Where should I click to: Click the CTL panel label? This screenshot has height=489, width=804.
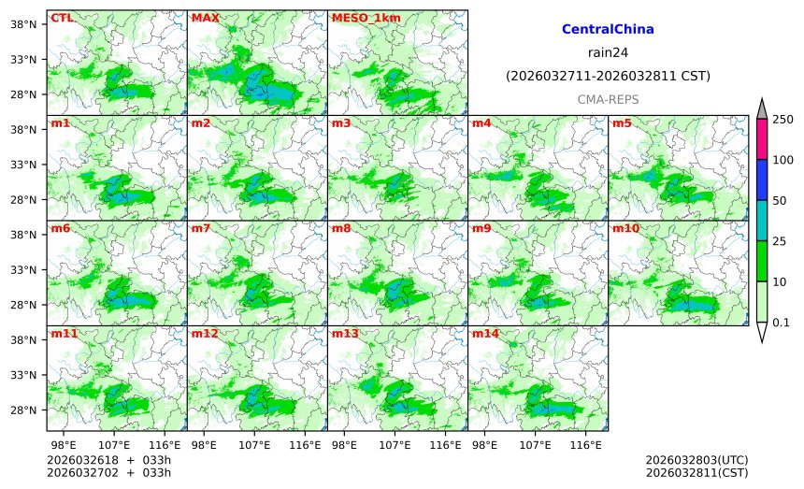tap(61, 18)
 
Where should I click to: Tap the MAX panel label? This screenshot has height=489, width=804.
tap(205, 18)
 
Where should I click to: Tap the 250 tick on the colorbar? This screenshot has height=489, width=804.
tap(782, 120)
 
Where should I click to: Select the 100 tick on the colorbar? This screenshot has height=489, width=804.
tap(782, 160)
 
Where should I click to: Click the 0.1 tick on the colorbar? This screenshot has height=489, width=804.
tap(782, 323)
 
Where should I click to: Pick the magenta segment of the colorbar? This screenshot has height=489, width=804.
tap(762, 139)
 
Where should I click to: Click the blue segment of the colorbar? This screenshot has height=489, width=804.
tap(762, 180)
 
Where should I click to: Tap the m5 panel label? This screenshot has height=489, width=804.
tap(621, 123)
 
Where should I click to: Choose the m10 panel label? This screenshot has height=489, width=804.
tap(625, 228)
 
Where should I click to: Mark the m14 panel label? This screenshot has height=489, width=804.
tap(485, 334)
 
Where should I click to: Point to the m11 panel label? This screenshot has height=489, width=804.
tap(64, 334)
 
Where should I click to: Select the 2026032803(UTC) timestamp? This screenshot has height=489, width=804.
tap(696, 461)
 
